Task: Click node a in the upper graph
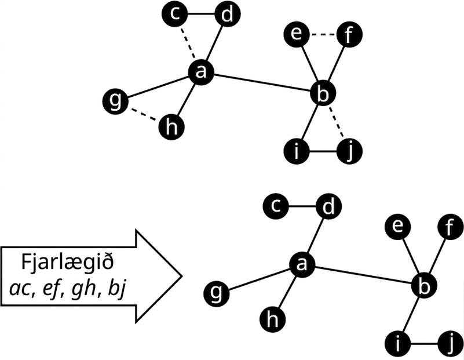[x=201, y=72]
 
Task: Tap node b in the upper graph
[x=323, y=93]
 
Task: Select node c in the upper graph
[x=174, y=13]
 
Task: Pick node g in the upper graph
[x=115, y=100]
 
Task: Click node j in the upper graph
[x=349, y=151]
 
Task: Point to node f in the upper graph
[x=349, y=35]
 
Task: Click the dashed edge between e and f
[x=323, y=35]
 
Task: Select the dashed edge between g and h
[x=144, y=114]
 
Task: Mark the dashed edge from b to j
[x=337, y=122]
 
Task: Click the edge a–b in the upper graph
[x=262, y=82]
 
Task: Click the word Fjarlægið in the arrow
[x=67, y=262]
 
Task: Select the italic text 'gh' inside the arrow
[x=84, y=289]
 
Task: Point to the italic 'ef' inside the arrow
[x=52, y=288]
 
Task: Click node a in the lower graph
[x=302, y=264]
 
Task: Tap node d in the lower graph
[x=328, y=206]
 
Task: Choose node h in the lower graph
[x=272, y=319]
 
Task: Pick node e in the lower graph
[x=397, y=227]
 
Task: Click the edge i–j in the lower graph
[x=424, y=344]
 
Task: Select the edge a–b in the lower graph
[x=363, y=274]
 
